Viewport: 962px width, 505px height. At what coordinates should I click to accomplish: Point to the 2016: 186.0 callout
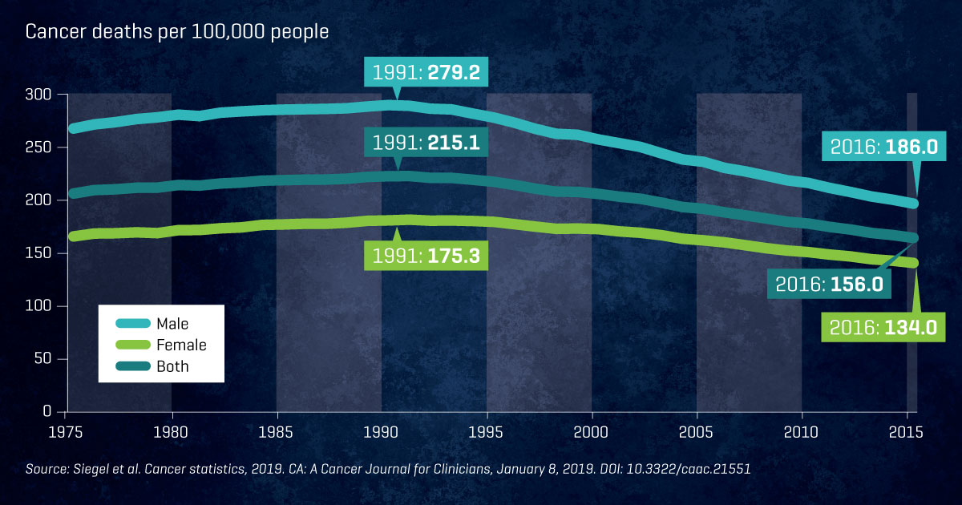click(x=878, y=147)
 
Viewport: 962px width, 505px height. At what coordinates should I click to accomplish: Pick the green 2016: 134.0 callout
click(x=878, y=327)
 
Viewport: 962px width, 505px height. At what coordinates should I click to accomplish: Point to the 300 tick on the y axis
click(x=38, y=95)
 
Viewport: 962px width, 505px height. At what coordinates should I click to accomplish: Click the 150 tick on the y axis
click(x=38, y=253)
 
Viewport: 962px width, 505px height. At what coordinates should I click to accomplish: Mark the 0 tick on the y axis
click(x=46, y=411)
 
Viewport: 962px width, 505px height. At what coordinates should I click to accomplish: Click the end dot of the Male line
click(x=912, y=204)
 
